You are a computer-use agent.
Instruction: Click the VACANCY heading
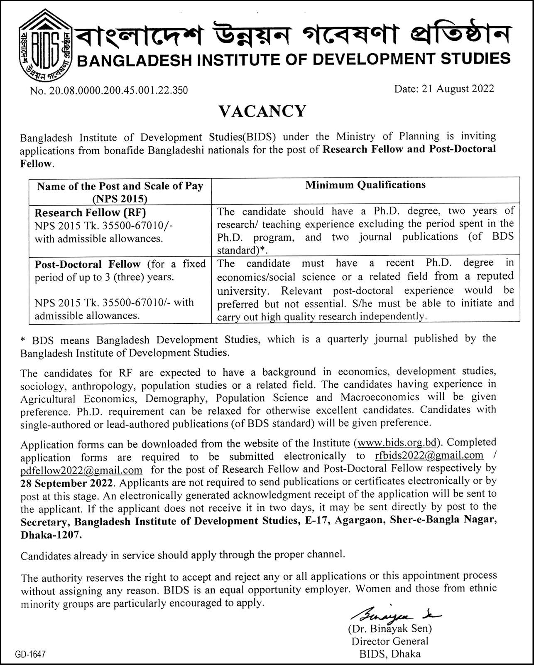pyautogui.click(x=262, y=111)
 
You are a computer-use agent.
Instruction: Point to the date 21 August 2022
pyautogui.click(x=458, y=89)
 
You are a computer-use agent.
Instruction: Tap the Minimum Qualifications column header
pyautogui.click(x=365, y=185)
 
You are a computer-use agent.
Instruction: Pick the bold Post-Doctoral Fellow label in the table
pyautogui.click(x=88, y=264)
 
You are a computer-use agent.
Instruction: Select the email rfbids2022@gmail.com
pyautogui.click(x=429, y=455)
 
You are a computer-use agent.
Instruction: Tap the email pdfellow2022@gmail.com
pyautogui.click(x=81, y=470)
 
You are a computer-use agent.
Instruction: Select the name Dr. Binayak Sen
pyautogui.click(x=390, y=628)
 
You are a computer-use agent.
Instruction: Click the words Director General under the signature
pyautogui.click(x=390, y=641)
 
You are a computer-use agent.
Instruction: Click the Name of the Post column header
pyautogui.click(x=120, y=192)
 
